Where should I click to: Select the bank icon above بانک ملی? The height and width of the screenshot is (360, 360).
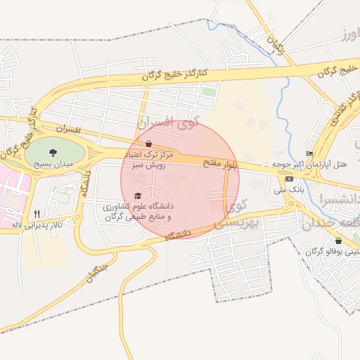(x=290, y=179)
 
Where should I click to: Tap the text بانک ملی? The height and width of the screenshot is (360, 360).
(x=290, y=190)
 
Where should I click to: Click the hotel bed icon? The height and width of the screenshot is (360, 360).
(x=309, y=153)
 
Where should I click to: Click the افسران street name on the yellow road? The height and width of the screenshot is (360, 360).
(x=67, y=130)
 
